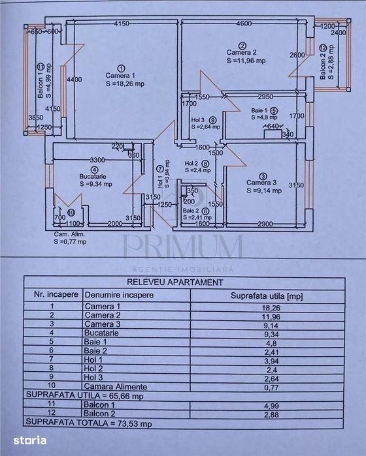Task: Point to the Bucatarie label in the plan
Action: coord(92,176)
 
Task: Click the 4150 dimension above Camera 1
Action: coord(119,24)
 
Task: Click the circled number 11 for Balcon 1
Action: coord(39,66)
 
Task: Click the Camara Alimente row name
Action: coord(112,386)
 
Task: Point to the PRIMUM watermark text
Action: coord(182,248)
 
